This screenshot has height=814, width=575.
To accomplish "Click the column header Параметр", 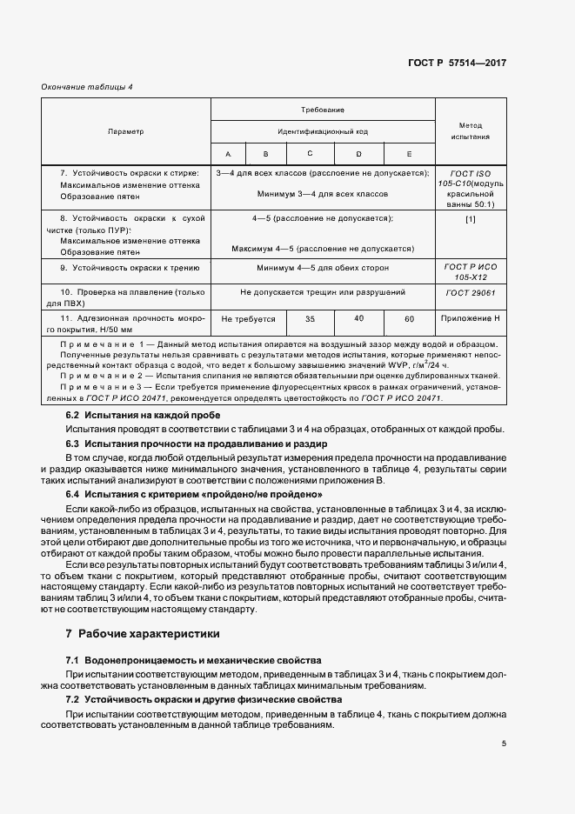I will (125, 131).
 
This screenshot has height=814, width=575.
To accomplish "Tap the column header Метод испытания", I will (471, 131).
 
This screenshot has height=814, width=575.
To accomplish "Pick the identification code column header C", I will (311, 154).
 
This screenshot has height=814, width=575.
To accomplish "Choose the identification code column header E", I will (409, 154).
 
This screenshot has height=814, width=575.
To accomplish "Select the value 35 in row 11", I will (311, 319).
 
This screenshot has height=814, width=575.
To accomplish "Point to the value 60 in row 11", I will (409, 319).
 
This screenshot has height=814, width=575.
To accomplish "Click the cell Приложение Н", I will (471, 319).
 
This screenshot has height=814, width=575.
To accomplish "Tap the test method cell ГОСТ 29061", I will (471, 293).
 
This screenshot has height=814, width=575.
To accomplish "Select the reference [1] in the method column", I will (471, 218).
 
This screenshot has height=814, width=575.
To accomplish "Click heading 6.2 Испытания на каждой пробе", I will (137, 416).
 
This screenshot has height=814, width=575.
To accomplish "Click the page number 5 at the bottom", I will (504, 743).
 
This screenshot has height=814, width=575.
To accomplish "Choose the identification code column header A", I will (228, 154).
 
